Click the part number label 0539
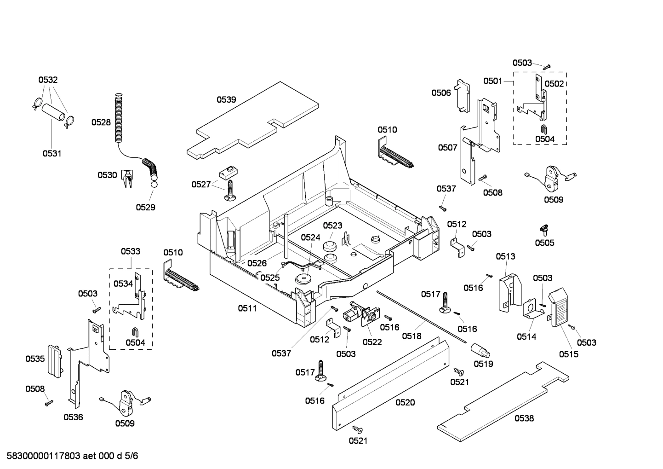(x=226, y=99)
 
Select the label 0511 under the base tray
(x=247, y=308)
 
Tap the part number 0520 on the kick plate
(x=405, y=402)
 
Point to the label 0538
(x=524, y=418)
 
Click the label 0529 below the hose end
(x=145, y=208)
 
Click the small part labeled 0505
(x=544, y=228)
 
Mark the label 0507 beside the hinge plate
(x=447, y=148)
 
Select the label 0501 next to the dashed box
(x=492, y=81)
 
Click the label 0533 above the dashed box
(x=131, y=251)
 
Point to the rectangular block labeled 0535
(x=54, y=360)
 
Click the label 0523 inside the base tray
(x=332, y=226)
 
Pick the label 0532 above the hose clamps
(x=48, y=80)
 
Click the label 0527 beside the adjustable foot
(x=201, y=185)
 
